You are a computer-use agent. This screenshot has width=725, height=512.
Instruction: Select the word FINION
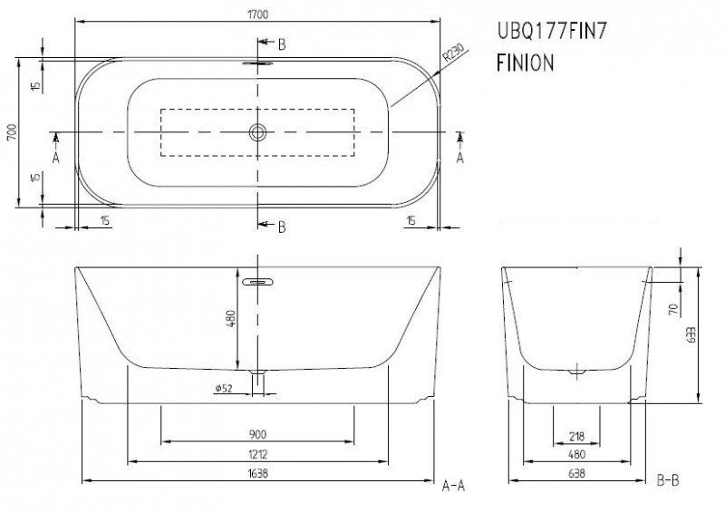525,65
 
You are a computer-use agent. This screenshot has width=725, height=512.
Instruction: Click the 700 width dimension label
13,134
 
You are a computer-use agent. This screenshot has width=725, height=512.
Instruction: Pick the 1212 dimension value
258,454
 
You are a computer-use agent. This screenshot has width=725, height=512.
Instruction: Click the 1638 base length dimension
258,474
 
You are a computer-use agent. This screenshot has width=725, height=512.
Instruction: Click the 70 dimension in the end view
672,309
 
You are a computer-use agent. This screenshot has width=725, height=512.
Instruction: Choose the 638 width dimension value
578,474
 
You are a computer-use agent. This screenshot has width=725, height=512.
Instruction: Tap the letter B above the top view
282,43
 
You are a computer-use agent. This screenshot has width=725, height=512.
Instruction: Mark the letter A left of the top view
56,157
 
